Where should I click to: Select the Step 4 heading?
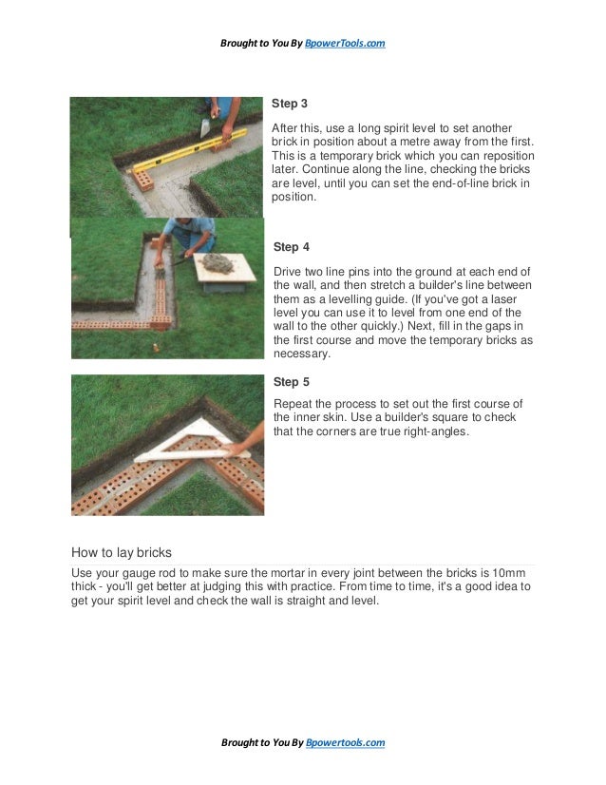tap(291, 247)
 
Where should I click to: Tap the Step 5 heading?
tap(291, 382)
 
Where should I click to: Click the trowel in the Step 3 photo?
tap(206, 126)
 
